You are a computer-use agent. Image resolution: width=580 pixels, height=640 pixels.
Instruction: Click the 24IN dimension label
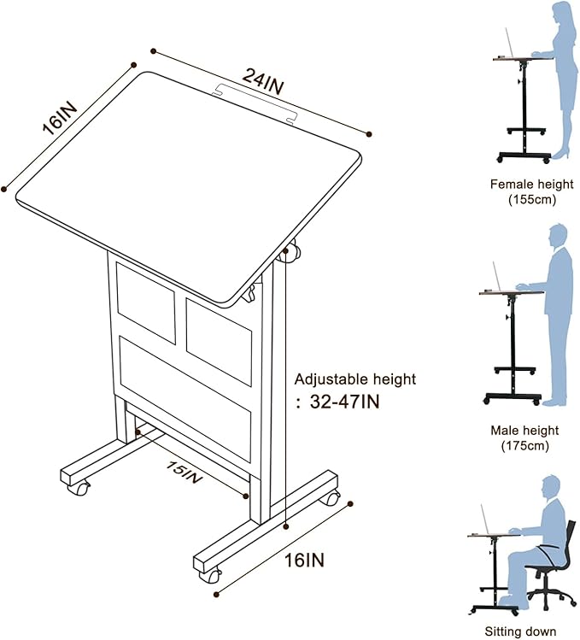(x=262, y=82)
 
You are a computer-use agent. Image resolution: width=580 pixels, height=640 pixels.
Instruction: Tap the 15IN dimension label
(x=185, y=473)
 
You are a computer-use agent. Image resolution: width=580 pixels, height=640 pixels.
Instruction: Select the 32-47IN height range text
(x=345, y=402)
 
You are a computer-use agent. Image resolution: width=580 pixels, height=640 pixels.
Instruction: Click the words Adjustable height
(x=355, y=379)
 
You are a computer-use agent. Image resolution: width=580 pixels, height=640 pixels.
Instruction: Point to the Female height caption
(x=532, y=185)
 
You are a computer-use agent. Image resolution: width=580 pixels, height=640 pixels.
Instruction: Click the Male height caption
(x=524, y=430)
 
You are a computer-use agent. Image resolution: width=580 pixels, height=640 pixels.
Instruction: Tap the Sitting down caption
(x=520, y=631)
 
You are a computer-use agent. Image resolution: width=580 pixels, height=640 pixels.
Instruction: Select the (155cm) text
(x=532, y=200)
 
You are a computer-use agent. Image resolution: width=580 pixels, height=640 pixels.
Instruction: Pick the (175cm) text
(x=524, y=446)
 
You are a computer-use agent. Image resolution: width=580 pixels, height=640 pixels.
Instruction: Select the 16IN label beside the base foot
(x=305, y=560)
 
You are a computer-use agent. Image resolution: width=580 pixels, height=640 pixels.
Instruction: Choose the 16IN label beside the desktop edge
(x=60, y=119)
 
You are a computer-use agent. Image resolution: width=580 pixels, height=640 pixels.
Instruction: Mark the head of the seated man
(x=552, y=487)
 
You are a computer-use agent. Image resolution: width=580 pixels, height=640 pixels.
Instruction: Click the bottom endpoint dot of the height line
(x=286, y=526)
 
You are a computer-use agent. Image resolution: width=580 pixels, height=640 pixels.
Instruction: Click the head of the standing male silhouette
(x=558, y=236)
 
